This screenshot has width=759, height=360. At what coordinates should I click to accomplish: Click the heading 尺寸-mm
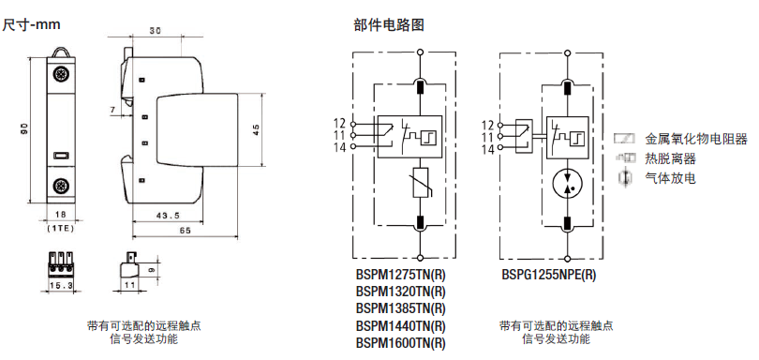[x=32, y=24]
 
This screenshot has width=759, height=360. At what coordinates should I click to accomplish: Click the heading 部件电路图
[x=389, y=25]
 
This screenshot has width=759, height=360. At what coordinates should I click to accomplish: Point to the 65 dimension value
[x=185, y=231]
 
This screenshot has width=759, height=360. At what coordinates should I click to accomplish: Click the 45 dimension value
[x=257, y=129]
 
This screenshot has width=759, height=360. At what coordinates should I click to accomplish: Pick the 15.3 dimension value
[x=61, y=286]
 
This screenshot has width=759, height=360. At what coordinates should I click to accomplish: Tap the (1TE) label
[x=61, y=228]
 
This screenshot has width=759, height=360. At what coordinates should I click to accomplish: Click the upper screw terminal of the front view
[x=61, y=75]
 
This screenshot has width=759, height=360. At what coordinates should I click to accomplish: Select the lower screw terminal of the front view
[x=61, y=186]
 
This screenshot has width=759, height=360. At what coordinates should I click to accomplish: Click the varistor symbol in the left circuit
[x=420, y=183]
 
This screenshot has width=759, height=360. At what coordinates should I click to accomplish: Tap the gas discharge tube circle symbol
[x=567, y=184]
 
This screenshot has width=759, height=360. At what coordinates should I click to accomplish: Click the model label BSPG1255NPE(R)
[x=548, y=275]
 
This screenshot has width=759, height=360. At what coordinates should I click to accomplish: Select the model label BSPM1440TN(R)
[x=400, y=325]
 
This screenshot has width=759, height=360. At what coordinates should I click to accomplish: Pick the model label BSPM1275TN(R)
[x=400, y=275]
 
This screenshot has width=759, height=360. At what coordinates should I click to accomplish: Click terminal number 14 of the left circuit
[x=340, y=147]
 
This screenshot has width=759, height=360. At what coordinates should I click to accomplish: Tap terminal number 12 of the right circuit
[x=487, y=126]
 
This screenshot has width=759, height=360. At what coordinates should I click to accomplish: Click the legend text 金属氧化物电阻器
[x=696, y=140]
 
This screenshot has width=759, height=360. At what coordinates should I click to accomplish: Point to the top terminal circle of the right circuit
[x=567, y=52]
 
